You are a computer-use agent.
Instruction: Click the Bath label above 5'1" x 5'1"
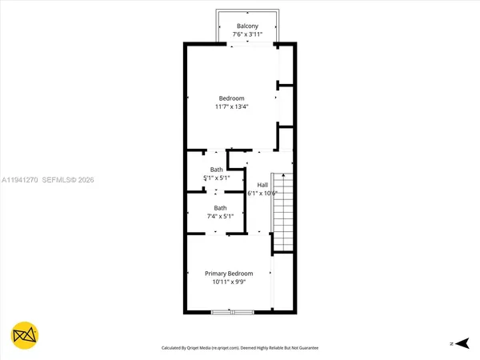click(x=217, y=169)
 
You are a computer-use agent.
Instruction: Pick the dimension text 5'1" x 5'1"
click(x=217, y=178)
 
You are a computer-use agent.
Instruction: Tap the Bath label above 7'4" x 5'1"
click(x=219, y=208)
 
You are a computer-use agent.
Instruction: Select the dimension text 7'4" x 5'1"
click(x=219, y=216)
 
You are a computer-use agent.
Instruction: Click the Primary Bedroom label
click(x=229, y=274)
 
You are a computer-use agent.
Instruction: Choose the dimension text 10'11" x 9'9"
click(x=229, y=282)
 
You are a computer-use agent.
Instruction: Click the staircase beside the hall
click(x=283, y=212)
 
